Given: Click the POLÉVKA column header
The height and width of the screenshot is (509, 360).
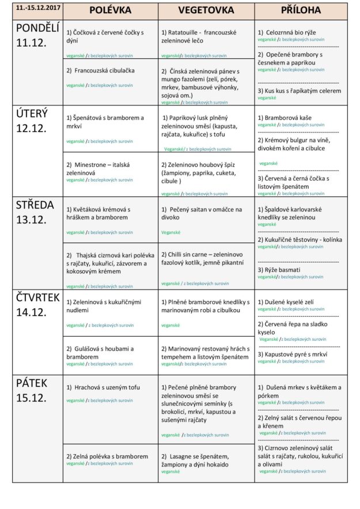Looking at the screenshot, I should (x=111, y=10).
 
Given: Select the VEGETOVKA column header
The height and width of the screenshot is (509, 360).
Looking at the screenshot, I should (x=206, y=10).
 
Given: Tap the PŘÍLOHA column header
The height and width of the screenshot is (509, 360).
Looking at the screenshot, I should (x=301, y=10).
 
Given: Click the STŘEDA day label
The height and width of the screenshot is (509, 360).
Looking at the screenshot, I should (x=32, y=205).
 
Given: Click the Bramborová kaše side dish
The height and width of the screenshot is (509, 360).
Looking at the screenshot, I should (x=287, y=117).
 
